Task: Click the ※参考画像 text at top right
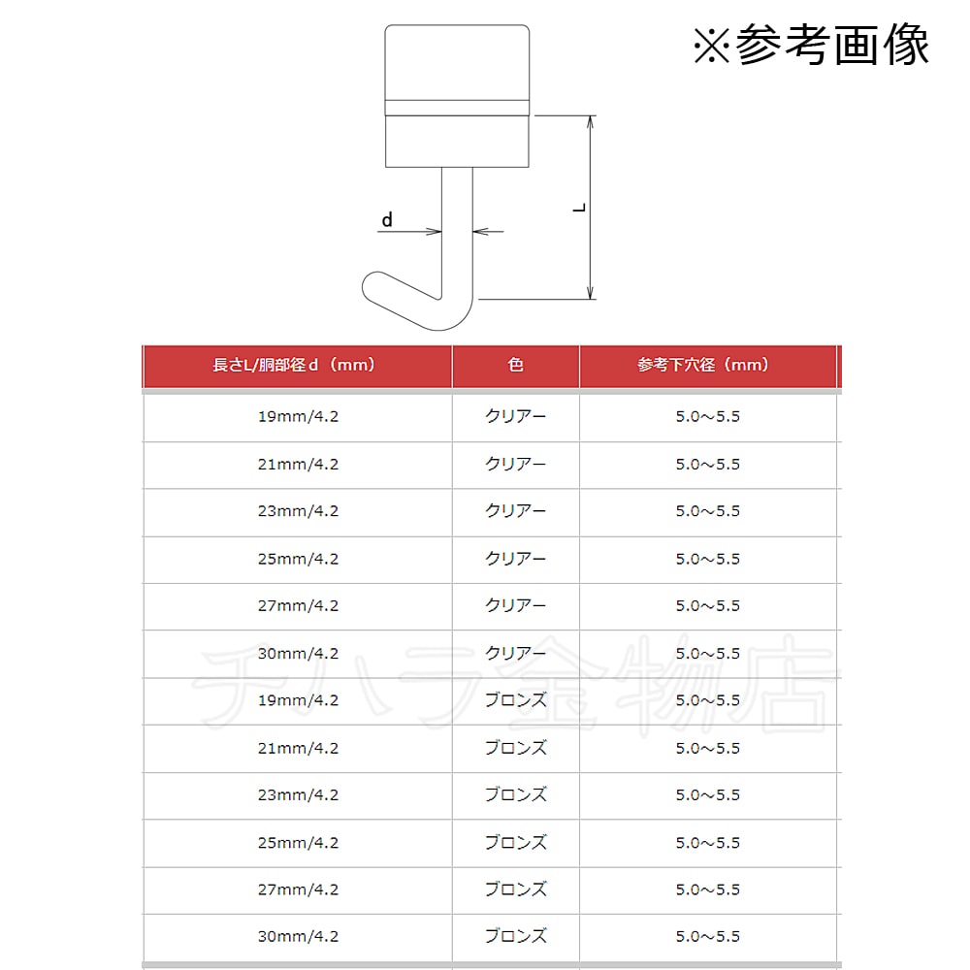point(811,44)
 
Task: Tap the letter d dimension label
point(387,219)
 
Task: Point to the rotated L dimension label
point(579,208)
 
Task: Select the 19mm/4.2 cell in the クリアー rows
point(298,416)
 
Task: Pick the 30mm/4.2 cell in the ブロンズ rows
point(298,937)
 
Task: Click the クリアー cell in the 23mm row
point(515,511)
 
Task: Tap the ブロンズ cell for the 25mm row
point(515,843)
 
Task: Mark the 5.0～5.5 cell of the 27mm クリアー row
point(708,605)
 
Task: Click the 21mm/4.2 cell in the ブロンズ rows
point(298,748)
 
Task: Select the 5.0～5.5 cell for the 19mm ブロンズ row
point(708,700)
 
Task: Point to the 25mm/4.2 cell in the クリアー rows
point(298,559)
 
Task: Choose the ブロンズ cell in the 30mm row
point(515,937)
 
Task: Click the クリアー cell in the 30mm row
point(515,653)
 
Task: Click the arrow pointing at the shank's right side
point(489,232)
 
